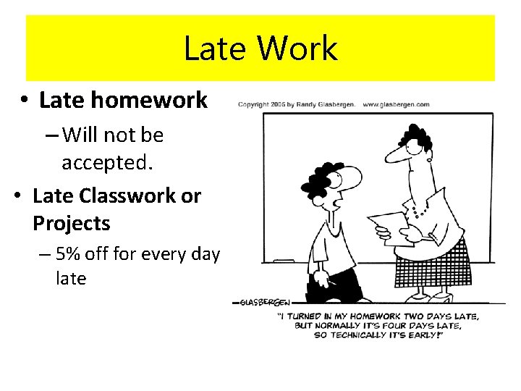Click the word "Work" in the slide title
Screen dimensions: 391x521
point(297,49)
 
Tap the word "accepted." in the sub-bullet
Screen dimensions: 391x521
point(108,162)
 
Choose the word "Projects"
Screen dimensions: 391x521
point(72,224)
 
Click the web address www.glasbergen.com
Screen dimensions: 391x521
point(396,104)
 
